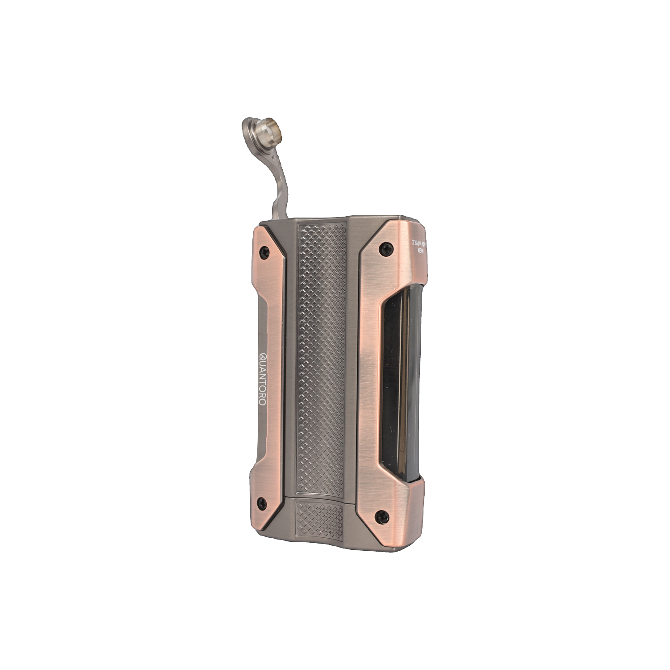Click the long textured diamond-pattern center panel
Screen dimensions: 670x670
pyautogui.click(x=321, y=357)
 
